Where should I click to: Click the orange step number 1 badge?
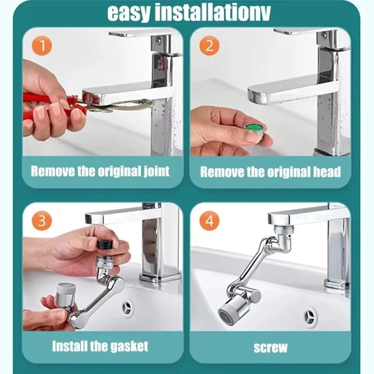pyautogui.click(x=42, y=46)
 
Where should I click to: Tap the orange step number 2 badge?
pyautogui.click(x=209, y=46)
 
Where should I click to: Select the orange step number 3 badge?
pyautogui.click(x=42, y=221)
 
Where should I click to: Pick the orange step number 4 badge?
pyautogui.click(x=209, y=221)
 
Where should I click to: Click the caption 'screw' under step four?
pyautogui.click(x=270, y=347)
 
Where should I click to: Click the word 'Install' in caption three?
pyautogui.click(x=69, y=346)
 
